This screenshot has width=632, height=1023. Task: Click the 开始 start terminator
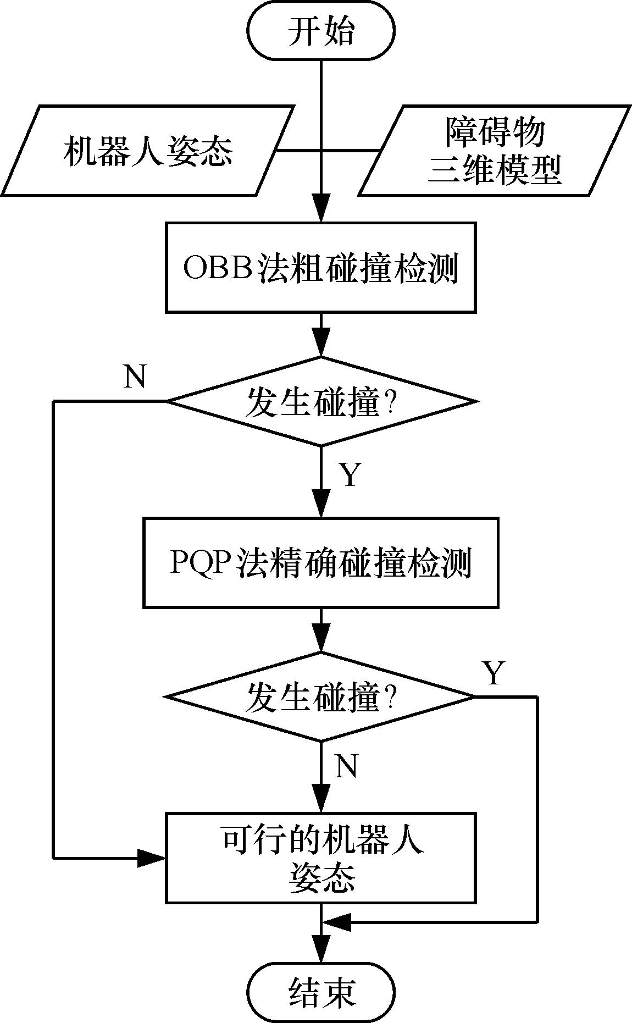tap(321, 30)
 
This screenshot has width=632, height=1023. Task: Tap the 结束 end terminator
tap(321, 992)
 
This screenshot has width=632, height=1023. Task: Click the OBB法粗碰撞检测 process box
tap(321, 268)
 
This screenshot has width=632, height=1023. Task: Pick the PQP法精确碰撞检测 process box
tap(321, 562)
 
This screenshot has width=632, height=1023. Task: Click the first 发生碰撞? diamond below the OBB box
tap(321, 401)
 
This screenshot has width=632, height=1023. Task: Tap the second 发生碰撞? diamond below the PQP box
tap(321, 696)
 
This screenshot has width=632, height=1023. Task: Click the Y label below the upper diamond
tap(350, 475)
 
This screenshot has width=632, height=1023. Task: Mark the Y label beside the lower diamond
tap(493, 673)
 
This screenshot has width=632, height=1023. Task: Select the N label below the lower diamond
tap(346, 766)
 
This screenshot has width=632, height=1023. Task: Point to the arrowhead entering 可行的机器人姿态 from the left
tap(152, 857)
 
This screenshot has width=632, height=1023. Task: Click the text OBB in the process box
tap(217, 268)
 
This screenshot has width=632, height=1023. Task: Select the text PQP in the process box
tap(201, 562)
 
